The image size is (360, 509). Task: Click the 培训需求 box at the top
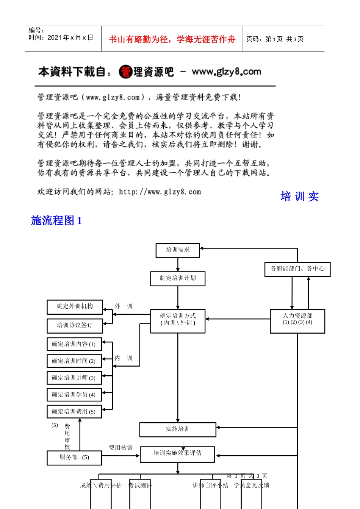(x=178, y=250)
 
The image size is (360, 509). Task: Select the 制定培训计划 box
(x=178, y=278)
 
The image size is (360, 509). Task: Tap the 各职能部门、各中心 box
(x=297, y=269)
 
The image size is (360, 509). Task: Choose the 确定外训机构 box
(x=75, y=307)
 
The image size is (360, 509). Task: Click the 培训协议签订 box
(x=75, y=326)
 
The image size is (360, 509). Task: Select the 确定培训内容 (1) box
(x=74, y=344)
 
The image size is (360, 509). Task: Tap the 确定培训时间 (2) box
(x=74, y=361)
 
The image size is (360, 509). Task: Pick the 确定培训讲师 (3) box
(x=74, y=378)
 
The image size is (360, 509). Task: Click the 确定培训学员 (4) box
(x=74, y=395)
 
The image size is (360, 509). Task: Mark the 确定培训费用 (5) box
(x=74, y=412)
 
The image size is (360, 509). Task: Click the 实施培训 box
(x=178, y=429)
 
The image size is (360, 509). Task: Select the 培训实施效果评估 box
(x=177, y=454)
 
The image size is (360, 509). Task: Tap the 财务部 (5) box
(x=74, y=457)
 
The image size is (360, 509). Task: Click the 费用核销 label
(x=121, y=448)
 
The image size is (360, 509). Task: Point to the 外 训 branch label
(x=124, y=306)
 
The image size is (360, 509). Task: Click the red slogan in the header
(x=172, y=39)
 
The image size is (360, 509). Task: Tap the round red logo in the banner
(x=125, y=72)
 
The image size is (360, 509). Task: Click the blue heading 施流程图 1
(x=56, y=220)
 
